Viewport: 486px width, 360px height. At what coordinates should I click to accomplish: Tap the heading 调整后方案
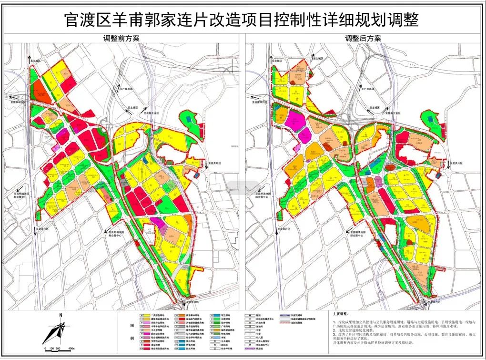coord(363,39)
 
